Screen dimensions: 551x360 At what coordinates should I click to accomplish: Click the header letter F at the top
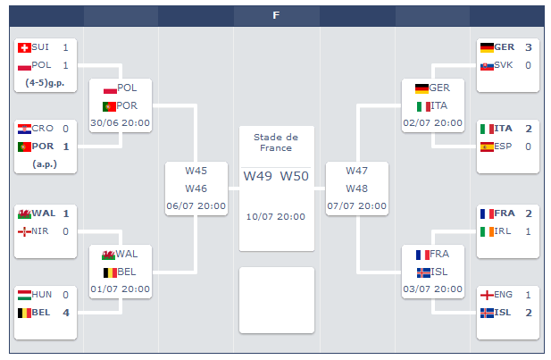coord(276,15)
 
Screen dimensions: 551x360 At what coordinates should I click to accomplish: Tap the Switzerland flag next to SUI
coord(24,47)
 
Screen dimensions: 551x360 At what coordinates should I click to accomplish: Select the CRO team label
coord(43,129)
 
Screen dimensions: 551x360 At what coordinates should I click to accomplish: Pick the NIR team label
coord(42,231)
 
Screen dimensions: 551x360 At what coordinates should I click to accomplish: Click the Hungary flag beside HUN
coord(24,295)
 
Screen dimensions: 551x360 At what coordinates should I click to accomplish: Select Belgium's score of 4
coord(65,313)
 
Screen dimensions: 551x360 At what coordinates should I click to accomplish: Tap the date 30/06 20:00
coord(120,123)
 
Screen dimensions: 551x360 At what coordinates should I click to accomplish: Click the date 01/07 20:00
coord(120,289)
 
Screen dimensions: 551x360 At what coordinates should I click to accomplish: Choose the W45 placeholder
coord(196,171)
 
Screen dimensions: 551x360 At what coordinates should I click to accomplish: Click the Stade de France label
coord(276,142)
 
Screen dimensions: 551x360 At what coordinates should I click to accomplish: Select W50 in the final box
coord(294,176)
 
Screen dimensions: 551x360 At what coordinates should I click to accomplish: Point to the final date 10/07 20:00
coord(276,216)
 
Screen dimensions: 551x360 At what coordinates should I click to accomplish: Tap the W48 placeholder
coord(356,188)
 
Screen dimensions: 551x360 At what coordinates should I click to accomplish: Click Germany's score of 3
coord(528,47)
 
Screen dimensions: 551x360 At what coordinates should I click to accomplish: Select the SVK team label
coord(504,65)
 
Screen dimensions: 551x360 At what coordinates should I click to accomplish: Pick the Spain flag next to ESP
coord(487,147)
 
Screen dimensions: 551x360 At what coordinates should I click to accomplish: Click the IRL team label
coord(504,231)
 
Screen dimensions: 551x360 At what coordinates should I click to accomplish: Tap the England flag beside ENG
coord(487,295)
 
